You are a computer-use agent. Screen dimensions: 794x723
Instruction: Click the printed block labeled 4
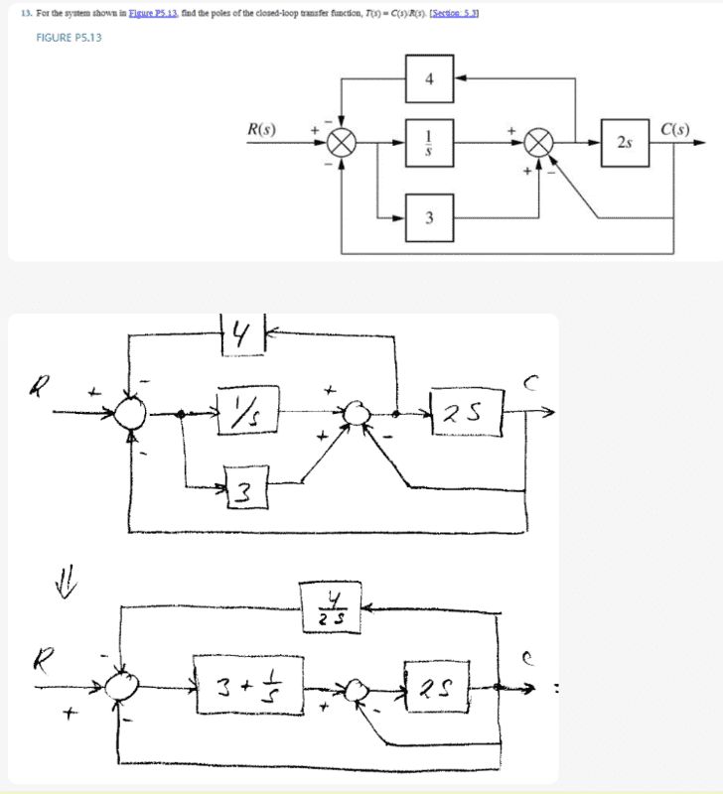coord(429,78)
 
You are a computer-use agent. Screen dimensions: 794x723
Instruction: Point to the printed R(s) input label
coord(262,129)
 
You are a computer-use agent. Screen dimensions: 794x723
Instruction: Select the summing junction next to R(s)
coord(342,144)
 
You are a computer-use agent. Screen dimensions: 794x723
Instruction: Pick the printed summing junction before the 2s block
coord(540,144)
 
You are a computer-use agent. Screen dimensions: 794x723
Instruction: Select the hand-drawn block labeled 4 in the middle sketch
coord(240,334)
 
